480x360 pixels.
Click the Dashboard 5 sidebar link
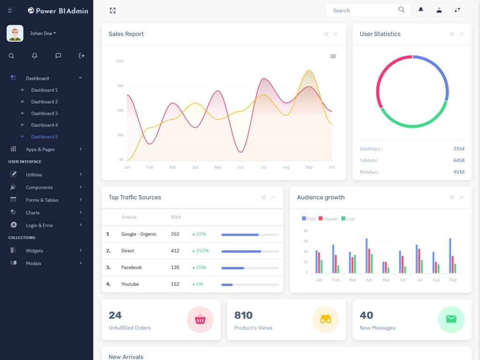45,137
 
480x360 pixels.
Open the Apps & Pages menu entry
40,150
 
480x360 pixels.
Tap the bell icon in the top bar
420,10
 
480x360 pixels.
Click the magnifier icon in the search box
401,10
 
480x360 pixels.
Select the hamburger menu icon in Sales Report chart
333,56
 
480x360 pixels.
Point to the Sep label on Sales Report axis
309,167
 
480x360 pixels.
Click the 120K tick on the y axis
120,61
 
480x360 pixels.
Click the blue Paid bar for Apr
367,255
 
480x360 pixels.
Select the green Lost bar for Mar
355,264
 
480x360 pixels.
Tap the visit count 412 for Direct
175,251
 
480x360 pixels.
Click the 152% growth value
202,251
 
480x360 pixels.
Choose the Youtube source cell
130,284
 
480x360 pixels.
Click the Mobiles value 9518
459,172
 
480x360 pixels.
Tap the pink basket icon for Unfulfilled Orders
200,320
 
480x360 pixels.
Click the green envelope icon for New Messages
451,320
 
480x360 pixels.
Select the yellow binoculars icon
325,320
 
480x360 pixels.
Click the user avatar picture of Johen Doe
15,33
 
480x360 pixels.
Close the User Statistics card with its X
461,34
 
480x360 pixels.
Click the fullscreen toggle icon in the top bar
112,10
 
